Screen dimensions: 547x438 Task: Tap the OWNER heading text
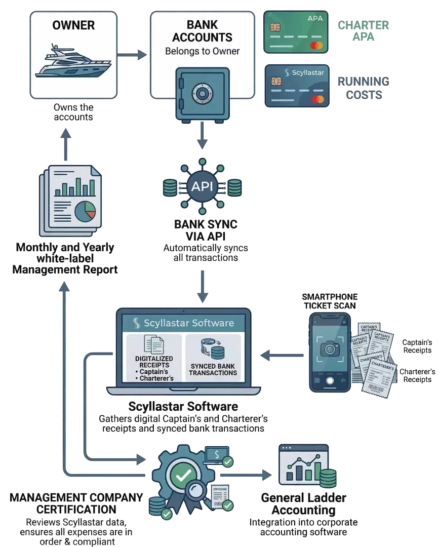click(x=73, y=25)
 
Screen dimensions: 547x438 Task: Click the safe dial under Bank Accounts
click(x=202, y=93)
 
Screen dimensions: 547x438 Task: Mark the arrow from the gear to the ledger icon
click(x=250, y=476)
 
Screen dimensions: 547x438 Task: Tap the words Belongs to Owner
click(x=202, y=51)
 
